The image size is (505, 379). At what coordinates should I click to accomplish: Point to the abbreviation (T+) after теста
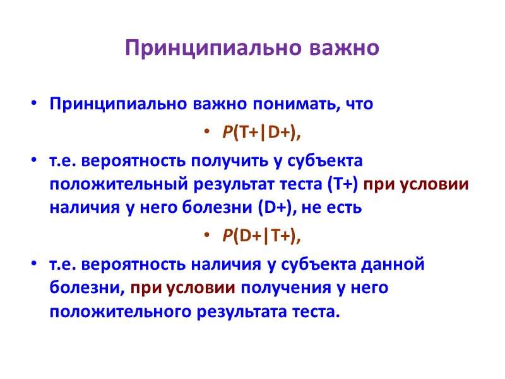pos(343,185)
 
